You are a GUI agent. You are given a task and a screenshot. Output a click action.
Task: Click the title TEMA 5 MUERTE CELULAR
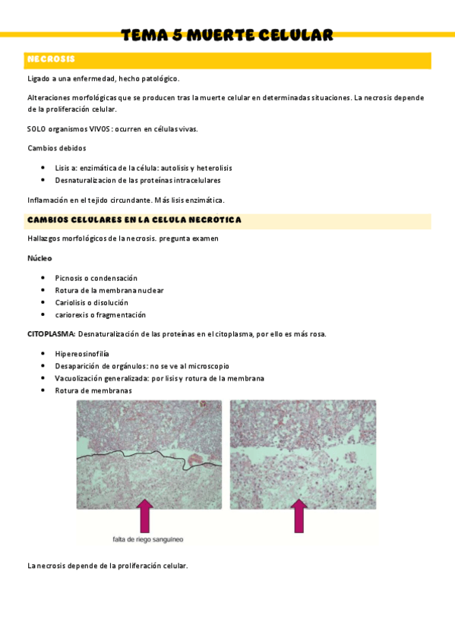click(227, 35)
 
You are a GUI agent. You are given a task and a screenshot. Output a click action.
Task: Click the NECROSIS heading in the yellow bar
click(51, 59)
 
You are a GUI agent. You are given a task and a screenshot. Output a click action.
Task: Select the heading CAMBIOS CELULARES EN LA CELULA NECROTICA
click(134, 220)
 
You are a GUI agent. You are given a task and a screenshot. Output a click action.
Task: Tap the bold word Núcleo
click(39, 258)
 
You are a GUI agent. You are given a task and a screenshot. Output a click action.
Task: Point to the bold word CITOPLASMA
click(51, 333)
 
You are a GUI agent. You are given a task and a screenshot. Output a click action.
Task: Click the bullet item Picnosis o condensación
click(96, 278)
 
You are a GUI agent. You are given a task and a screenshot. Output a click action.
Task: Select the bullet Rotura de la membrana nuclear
click(109, 290)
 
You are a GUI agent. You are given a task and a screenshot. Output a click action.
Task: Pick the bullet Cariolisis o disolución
click(91, 302)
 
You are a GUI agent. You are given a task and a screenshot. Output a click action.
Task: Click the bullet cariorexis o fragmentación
click(100, 314)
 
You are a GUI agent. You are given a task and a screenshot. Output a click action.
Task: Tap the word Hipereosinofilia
click(82, 354)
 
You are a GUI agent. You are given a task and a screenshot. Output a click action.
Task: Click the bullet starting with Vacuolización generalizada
click(159, 378)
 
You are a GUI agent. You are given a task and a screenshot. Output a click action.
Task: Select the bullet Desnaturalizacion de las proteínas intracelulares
click(137, 181)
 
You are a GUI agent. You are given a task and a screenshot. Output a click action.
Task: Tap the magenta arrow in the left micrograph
click(144, 516)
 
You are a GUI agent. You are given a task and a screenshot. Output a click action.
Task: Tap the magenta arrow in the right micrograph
click(300, 516)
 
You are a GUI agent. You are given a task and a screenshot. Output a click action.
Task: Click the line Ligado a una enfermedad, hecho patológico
click(103, 79)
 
